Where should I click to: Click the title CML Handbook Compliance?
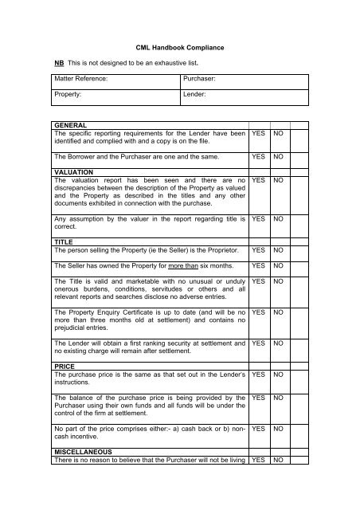pyautogui.click(x=180, y=49)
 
